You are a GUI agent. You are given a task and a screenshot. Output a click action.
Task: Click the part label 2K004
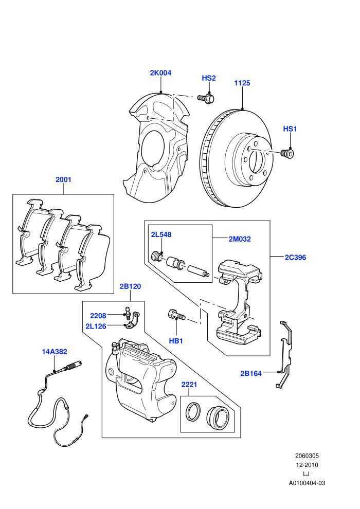(x=160, y=73)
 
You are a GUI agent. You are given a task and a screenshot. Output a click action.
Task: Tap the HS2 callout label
(x=209, y=78)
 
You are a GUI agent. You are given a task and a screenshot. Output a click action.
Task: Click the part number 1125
(x=242, y=83)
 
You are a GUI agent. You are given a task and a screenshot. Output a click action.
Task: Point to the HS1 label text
(x=290, y=129)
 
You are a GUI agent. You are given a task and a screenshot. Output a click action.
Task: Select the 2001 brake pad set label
(x=63, y=179)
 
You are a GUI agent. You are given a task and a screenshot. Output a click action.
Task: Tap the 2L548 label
(x=161, y=234)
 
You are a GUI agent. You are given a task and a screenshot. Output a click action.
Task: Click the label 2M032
(x=240, y=239)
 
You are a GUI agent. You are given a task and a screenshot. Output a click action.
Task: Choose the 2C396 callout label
(x=295, y=258)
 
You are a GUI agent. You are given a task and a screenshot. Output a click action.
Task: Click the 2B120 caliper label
(x=130, y=286)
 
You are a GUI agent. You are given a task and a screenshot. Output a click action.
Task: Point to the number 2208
(x=98, y=316)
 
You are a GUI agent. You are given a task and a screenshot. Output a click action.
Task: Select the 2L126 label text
(x=96, y=326)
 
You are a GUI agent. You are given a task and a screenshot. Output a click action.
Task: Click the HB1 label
(x=176, y=341)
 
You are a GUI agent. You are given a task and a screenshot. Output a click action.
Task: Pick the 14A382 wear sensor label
(x=55, y=352)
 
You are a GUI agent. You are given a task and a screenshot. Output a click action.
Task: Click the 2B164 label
(x=251, y=374)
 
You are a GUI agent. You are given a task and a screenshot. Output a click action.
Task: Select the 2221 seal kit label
(x=189, y=385)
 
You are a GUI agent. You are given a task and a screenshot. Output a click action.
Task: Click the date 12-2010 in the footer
(x=307, y=465)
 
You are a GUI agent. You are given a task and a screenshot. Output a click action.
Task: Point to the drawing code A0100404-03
(x=307, y=483)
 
